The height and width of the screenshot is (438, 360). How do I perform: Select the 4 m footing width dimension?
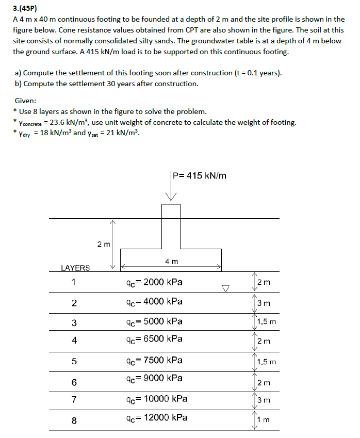pos(172,262)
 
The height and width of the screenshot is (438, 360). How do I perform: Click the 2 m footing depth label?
pos(103,244)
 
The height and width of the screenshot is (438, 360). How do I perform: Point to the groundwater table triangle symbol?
pos(224,288)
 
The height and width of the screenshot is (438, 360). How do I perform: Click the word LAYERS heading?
pos(75,268)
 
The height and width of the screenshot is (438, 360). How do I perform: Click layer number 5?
pos(74,362)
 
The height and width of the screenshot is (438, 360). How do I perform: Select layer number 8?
pos(74,420)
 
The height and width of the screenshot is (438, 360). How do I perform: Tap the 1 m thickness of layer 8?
pos(264,420)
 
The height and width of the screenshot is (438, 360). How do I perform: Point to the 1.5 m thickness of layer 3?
pos(266,322)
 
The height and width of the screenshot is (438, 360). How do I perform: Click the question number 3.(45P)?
pos(26,9)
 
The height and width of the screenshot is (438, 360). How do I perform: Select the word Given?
pos(25,101)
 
